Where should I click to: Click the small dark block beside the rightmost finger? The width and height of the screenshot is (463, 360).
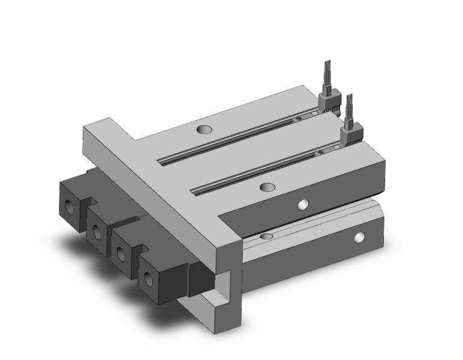pos(198,278)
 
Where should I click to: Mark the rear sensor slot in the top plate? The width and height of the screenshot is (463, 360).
pos(240,136)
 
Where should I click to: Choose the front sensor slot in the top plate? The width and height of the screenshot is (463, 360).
pos(264,171)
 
